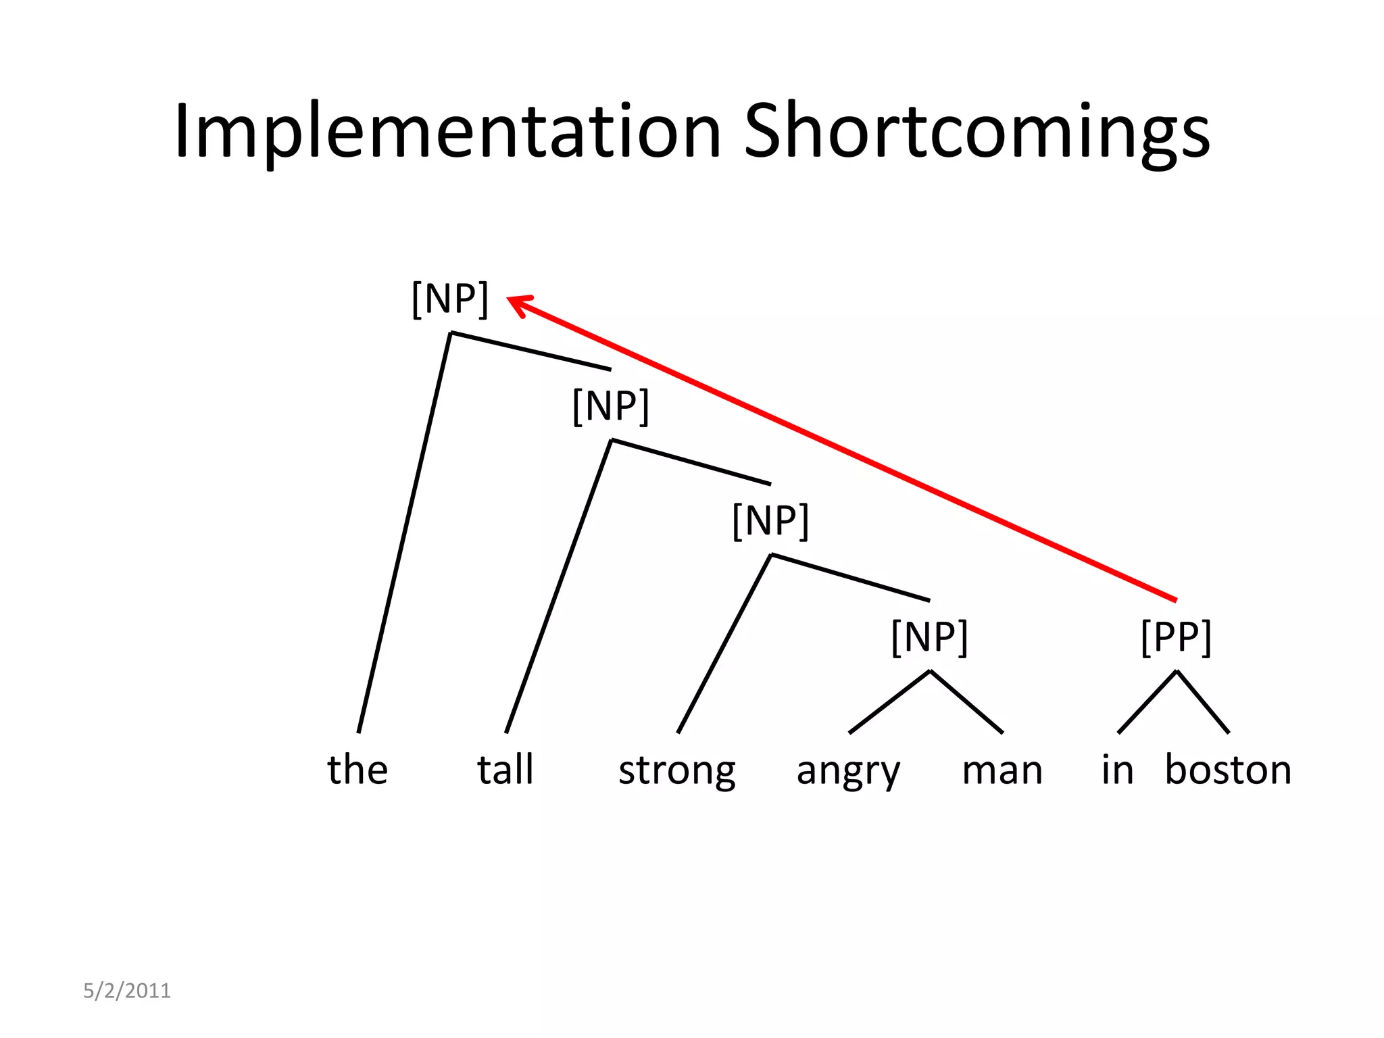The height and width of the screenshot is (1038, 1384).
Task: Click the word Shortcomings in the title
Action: point(977,132)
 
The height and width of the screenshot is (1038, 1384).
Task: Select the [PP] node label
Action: point(1176,637)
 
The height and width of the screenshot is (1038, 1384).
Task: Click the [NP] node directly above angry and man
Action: point(930,637)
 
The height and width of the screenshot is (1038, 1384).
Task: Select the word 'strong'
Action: point(677,770)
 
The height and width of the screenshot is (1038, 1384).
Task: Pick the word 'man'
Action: point(1002,770)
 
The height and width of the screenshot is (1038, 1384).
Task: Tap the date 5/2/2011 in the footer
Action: point(127,991)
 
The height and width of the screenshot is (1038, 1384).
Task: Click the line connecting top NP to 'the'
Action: point(404,533)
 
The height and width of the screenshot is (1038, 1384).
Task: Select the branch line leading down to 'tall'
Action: point(558,587)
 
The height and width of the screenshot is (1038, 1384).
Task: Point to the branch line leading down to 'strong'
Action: point(724,643)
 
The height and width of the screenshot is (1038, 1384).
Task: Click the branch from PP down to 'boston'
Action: point(1203,702)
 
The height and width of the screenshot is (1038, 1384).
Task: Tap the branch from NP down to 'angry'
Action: point(889,701)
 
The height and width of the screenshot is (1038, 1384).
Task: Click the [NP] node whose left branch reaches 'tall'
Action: point(610,406)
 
